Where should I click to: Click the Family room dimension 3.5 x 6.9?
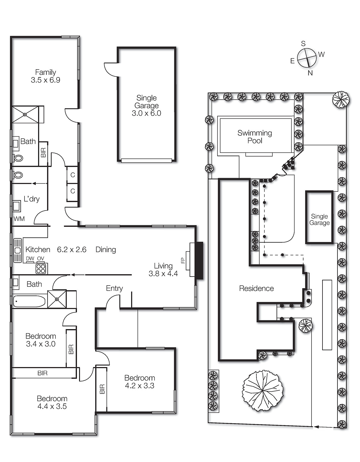[x=46, y=80]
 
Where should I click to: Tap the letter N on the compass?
[x=310, y=73]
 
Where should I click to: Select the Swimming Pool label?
[x=255, y=137]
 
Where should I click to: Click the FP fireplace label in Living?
[x=183, y=260]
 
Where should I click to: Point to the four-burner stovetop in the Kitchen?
[x=41, y=269]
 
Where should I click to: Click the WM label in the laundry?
[x=19, y=219]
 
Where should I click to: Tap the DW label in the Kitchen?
[x=30, y=258]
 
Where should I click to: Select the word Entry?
[x=114, y=288]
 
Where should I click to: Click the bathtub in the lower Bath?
[x=29, y=301]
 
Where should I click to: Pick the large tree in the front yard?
[x=262, y=390]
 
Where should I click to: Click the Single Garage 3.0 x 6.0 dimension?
[x=146, y=113]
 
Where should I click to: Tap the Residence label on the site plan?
[x=256, y=288]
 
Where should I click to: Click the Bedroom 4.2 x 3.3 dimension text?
[x=140, y=386]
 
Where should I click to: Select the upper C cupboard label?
[x=73, y=175]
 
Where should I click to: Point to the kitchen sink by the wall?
[x=18, y=250]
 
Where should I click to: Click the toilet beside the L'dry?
[x=18, y=175]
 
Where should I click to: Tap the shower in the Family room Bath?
[x=25, y=115]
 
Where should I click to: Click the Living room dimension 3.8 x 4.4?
[x=163, y=274]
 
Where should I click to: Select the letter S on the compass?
[x=303, y=44]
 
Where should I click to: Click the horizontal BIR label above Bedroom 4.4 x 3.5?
[x=42, y=373]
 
